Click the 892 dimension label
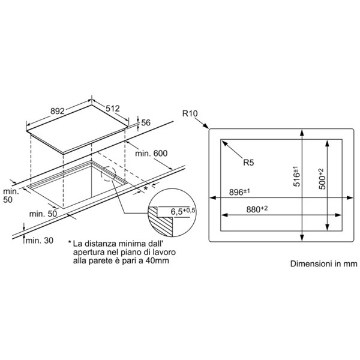tap(58, 111)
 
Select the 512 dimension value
tap(113, 109)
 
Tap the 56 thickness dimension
tap(146, 123)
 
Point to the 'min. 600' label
tap(151, 154)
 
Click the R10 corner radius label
tap(190, 113)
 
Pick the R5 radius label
tap(248, 163)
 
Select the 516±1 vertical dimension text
tap(296, 176)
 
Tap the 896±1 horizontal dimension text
tap(239, 192)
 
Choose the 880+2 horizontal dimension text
tap(257, 209)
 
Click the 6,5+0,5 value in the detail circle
tap(183, 211)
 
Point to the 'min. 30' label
tap(40, 241)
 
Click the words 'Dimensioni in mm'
tap(324, 263)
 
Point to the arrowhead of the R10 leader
tap(208, 128)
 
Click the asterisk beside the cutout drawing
tap(146, 188)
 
